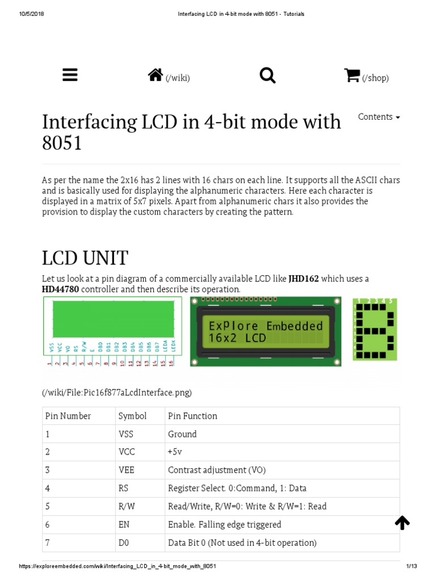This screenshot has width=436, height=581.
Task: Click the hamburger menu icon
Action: (x=70, y=75)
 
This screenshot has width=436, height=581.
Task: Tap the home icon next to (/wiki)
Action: (x=156, y=75)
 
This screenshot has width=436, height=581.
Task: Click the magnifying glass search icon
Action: (x=267, y=75)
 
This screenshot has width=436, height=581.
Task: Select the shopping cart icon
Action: (x=352, y=75)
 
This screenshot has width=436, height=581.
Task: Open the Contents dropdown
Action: (x=379, y=117)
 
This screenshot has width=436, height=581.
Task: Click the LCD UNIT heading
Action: (x=85, y=258)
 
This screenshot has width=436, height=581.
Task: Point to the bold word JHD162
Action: (x=304, y=279)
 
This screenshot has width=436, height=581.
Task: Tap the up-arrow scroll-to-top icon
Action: (x=402, y=523)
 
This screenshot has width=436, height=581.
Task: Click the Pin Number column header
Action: (x=68, y=416)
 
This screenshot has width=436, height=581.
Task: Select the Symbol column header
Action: (x=132, y=416)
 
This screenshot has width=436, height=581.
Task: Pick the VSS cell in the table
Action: (x=126, y=434)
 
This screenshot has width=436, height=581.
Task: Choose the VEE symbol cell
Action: (x=126, y=470)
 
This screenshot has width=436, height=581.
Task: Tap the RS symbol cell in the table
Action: (x=124, y=489)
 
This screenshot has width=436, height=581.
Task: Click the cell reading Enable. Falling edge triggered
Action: (x=224, y=525)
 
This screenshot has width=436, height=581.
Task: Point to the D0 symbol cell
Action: (x=124, y=543)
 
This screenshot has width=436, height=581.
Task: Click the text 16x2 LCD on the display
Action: (x=237, y=339)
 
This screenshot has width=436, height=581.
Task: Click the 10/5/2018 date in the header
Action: (x=32, y=14)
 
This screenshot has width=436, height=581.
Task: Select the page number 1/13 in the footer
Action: (x=412, y=567)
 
